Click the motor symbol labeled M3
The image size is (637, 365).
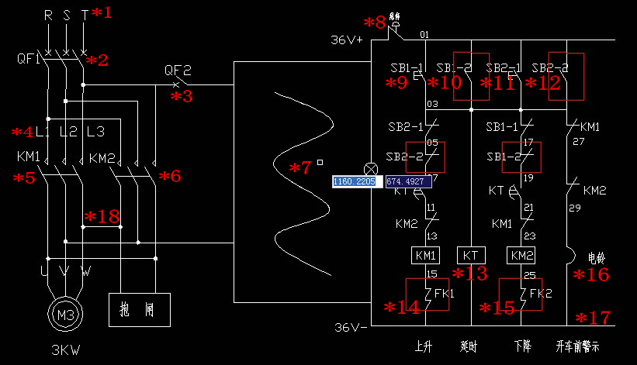[x=64, y=314]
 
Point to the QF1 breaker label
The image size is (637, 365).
[x=28, y=59]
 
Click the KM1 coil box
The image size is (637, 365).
[x=426, y=254]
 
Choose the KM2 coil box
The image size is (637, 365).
[x=521, y=254]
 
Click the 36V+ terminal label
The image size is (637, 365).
[x=347, y=40]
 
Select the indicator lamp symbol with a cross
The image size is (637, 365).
[x=372, y=168]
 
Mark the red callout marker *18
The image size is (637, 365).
[x=102, y=216]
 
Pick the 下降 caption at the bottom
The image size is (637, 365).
[x=522, y=346]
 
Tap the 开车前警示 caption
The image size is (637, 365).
[x=578, y=346]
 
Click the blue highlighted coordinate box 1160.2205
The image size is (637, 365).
[x=354, y=181]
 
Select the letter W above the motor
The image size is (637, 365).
[x=85, y=272]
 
